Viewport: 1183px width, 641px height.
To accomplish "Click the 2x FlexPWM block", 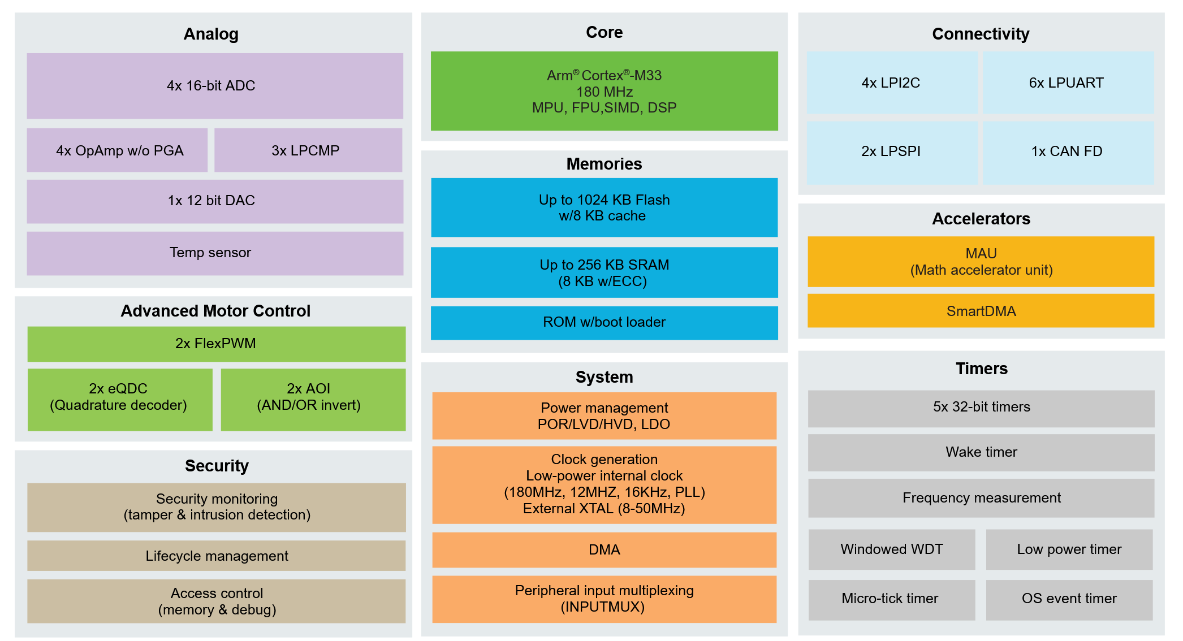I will coord(216,344).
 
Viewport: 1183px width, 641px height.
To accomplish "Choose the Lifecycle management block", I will coord(216,556).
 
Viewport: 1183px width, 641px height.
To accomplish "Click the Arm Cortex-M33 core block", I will coord(604,91).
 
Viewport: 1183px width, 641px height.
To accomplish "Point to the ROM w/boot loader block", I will coord(604,322).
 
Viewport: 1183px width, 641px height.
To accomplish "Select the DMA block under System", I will coord(604,549).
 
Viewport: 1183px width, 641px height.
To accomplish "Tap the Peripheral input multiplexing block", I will coord(604,599).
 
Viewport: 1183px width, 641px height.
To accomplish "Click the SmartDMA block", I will coord(981,311).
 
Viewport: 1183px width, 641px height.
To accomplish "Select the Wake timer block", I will coord(981,452).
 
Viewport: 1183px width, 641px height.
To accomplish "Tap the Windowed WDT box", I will coord(891,549).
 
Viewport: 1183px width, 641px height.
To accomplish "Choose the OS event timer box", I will coord(1069,599).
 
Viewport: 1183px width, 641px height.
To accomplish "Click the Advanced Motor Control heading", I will coord(215,311).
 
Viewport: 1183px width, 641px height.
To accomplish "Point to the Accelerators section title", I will coord(981,219).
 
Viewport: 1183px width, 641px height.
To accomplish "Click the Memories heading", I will coord(604,164).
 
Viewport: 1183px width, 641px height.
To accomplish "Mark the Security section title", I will coord(217,466).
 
